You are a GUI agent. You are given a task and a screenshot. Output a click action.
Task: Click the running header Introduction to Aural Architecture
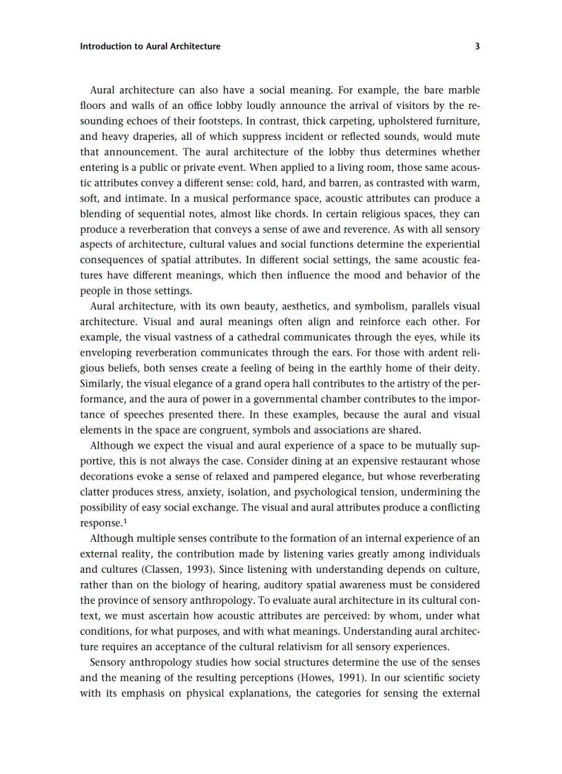click(150, 47)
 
